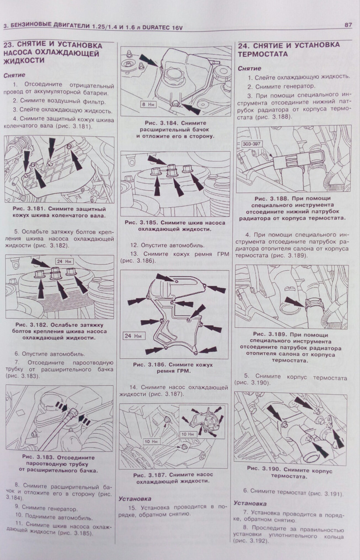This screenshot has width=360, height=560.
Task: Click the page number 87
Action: point(348,25)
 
